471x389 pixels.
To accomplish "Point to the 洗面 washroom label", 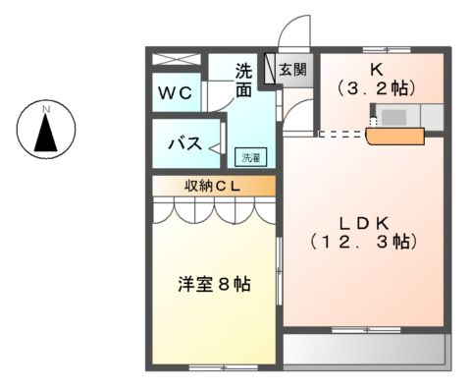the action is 245,79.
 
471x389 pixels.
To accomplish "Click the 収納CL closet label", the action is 213,185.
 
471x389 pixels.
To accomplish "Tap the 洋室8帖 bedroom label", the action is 213,284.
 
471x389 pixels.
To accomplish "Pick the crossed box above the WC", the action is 178,59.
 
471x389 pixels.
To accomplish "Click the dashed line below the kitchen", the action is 340,134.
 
